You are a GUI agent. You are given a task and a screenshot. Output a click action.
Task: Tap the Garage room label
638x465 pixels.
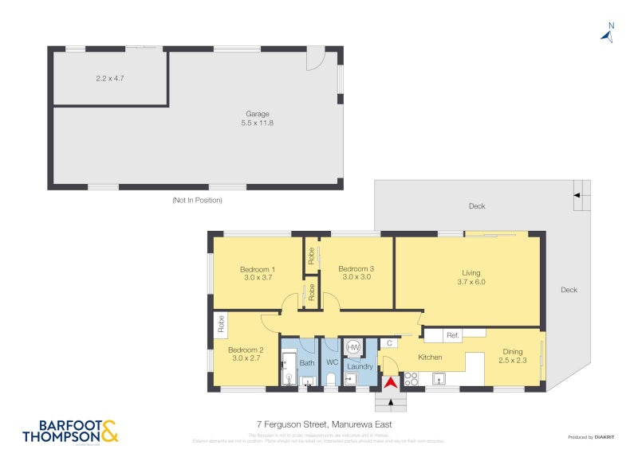point(257,114)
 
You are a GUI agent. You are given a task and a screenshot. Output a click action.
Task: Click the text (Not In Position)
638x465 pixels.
point(197,200)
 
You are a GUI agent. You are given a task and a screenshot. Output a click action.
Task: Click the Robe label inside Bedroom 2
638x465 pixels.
point(221,323)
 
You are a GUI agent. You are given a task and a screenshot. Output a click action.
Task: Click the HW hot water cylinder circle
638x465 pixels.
point(353,348)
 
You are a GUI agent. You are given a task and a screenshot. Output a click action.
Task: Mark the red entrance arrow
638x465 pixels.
point(390,383)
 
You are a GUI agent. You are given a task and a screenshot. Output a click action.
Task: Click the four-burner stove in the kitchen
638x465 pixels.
point(412,379)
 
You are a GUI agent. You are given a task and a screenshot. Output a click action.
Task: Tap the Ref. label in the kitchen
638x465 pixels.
point(453,334)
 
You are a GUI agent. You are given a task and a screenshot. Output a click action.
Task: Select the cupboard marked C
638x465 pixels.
point(389,343)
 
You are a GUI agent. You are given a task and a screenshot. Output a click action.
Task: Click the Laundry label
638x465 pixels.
point(360,366)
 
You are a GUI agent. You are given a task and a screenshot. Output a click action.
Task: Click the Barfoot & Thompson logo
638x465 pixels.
point(70,431)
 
